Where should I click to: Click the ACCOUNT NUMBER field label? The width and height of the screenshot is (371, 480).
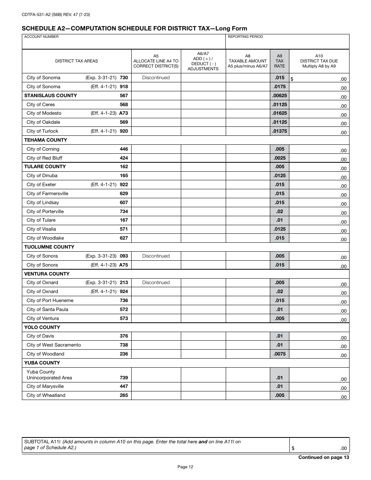pyautogui.click(x=41, y=37)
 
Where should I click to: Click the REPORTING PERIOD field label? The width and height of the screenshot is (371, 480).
pyautogui.click(x=245, y=37)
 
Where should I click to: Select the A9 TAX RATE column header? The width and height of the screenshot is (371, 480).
pyautogui.click(x=279, y=61)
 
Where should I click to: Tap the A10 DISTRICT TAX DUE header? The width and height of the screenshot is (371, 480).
pyautogui.click(x=319, y=61)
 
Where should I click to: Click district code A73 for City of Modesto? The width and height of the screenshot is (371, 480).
pyautogui.click(x=123, y=113)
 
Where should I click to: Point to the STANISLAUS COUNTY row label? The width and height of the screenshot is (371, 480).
pyautogui.click(x=50, y=96)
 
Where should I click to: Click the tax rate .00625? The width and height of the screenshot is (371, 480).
pyautogui.click(x=279, y=96)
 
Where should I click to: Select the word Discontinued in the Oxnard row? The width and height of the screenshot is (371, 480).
pyautogui.click(x=156, y=283)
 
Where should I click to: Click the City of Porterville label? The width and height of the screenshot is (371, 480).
pyautogui.click(x=45, y=212)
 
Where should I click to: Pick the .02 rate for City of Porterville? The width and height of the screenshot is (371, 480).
pyautogui.click(x=280, y=212)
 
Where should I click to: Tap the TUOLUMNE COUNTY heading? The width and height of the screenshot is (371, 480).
pyautogui.click(x=49, y=247)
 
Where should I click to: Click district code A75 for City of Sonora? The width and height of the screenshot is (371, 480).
pyautogui.click(x=123, y=265)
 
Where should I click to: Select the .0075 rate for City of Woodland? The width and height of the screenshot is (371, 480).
pyautogui.click(x=280, y=354)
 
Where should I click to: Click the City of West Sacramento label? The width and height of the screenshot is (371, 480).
pyautogui.click(x=54, y=345)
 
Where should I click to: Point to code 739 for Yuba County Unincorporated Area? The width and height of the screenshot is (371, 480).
pyautogui.click(x=124, y=378)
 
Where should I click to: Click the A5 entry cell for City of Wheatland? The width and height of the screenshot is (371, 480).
pyautogui.click(x=156, y=395)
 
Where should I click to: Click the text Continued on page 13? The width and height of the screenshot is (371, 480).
pyautogui.click(x=323, y=457)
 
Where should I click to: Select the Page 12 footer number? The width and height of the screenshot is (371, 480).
pyautogui.click(x=185, y=467)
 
